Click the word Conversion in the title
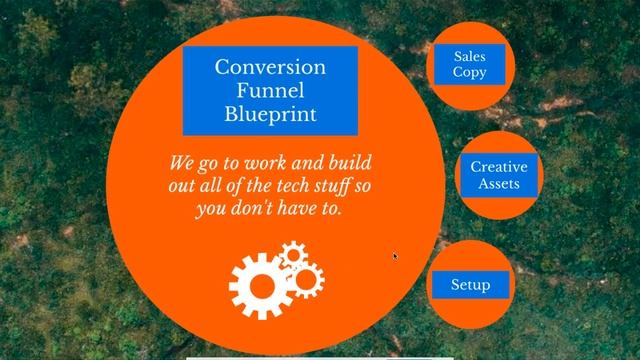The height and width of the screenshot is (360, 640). tap(270, 68)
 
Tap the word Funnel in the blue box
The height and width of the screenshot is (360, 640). tap(270, 91)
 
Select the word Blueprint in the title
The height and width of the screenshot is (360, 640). tap(270, 114)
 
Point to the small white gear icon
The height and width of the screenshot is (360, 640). tap(292, 258)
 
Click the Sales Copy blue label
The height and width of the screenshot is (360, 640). tap(470, 64)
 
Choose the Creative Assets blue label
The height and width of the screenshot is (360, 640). tap(498, 175)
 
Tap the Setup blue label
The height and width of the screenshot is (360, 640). tap(470, 285)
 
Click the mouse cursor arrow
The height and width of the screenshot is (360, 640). tap(395, 256)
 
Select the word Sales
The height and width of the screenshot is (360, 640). tap(470, 56)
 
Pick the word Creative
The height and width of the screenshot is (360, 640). tap(498, 167)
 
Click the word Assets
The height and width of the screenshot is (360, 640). tap(498, 184)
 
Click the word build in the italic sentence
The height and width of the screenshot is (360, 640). tap(355, 164)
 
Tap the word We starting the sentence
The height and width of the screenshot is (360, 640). tap(181, 164)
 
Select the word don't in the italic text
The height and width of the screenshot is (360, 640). tap(264, 211)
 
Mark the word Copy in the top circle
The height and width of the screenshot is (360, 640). tap(470, 73)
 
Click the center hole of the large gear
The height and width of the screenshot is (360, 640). tap(260, 285)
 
